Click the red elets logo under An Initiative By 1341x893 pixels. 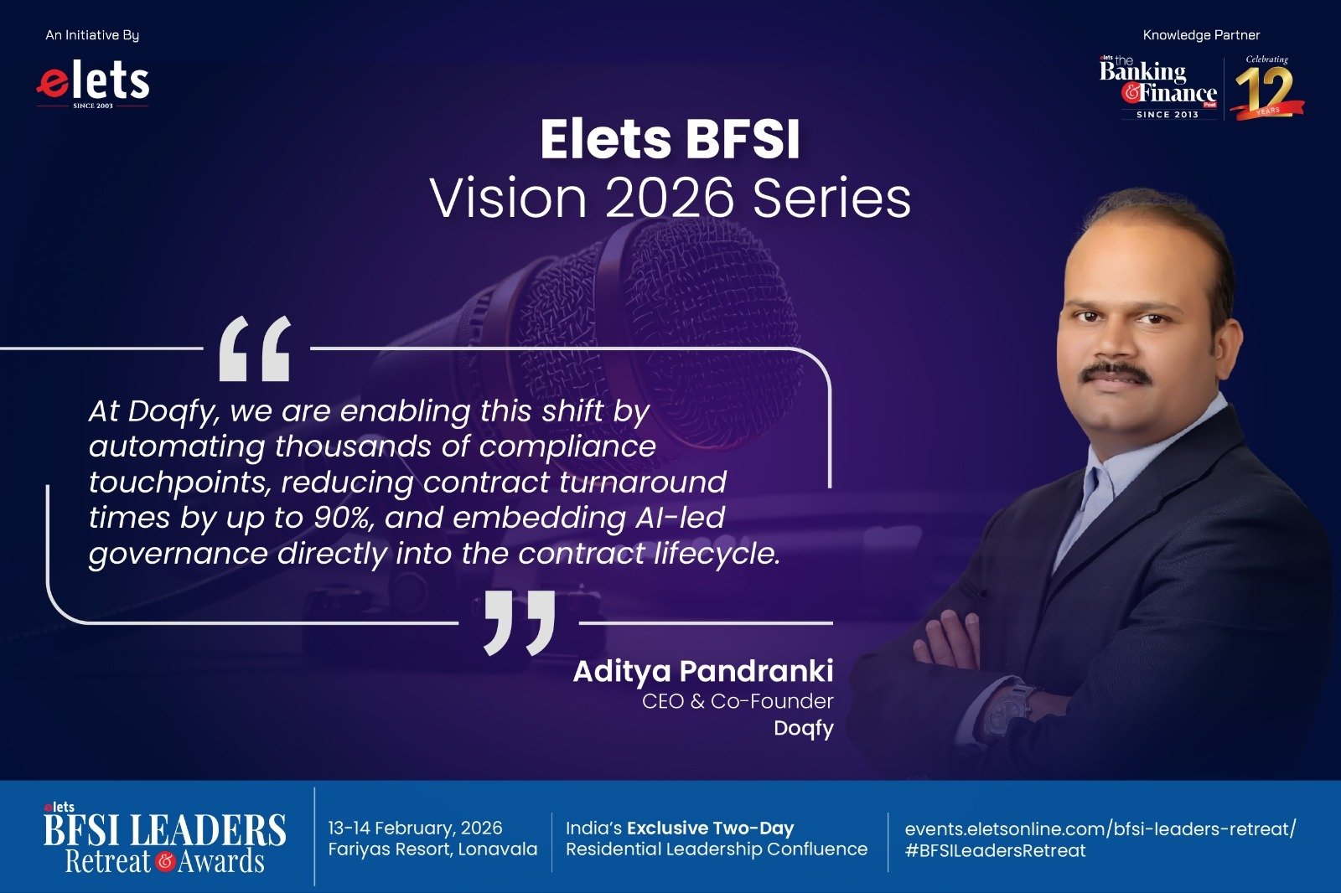pos(93,85)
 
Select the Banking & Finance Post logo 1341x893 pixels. pos(1157,87)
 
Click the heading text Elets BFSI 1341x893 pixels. pos(670,139)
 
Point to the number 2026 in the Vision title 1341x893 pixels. pos(670,198)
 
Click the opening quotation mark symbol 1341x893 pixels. pos(255,348)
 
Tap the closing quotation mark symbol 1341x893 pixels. pos(520,622)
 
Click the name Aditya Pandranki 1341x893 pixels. pos(703,671)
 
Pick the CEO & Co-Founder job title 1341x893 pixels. pos(738,701)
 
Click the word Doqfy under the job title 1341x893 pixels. pos(804,729)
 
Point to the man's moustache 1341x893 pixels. pos(1116,372)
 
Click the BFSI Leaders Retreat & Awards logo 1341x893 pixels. pos(164,837)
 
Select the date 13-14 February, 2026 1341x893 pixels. pos(415,828)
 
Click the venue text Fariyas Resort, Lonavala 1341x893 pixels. pos(432,849)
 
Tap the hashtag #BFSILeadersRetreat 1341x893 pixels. pos(995,850)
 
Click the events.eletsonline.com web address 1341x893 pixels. pos(1100,829)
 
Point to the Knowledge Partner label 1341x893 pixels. pos(1202,35)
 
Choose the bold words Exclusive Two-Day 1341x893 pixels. pos(710,828)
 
